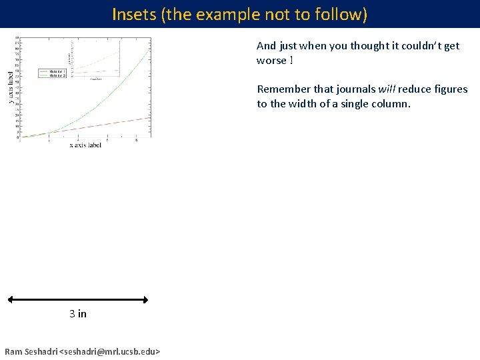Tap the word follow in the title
coord(340,14)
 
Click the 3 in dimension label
coord(78,313)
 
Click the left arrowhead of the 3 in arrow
coord(10,301)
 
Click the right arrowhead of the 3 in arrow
coord(145,301)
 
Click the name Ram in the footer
coord(13,351)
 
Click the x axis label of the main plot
coord(85,145)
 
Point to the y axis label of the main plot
coord(10,87)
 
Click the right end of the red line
coord(150,117)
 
